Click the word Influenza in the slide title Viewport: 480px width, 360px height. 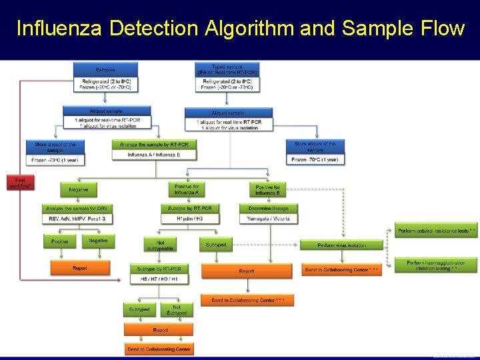(x=59, y=29)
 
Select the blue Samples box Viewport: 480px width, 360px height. (x=105, y=69)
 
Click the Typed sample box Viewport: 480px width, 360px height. (x=227, y=69)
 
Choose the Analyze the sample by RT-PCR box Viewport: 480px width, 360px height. (x=154, y=144)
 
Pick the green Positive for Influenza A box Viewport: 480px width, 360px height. (x=187, y=189)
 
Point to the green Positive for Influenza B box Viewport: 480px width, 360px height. (x=267, y=189)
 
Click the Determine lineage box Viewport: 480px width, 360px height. (x=267, y=208)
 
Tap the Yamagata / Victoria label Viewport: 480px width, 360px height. (x=267, y=218)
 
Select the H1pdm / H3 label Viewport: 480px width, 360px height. (x=190, y=218)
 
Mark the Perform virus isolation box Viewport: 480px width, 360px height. (x=342, y=245)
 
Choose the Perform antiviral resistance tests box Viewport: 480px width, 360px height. (x=437, y=231)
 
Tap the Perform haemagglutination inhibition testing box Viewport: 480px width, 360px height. (x=437, y=265)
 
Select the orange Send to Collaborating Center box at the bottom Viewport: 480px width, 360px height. (x=159, y=349)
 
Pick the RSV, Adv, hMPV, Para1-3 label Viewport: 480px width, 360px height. (x=77, y=218)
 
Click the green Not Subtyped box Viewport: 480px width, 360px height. (x=177, y=309)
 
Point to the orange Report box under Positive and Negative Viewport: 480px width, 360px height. (x=79, y=268)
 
